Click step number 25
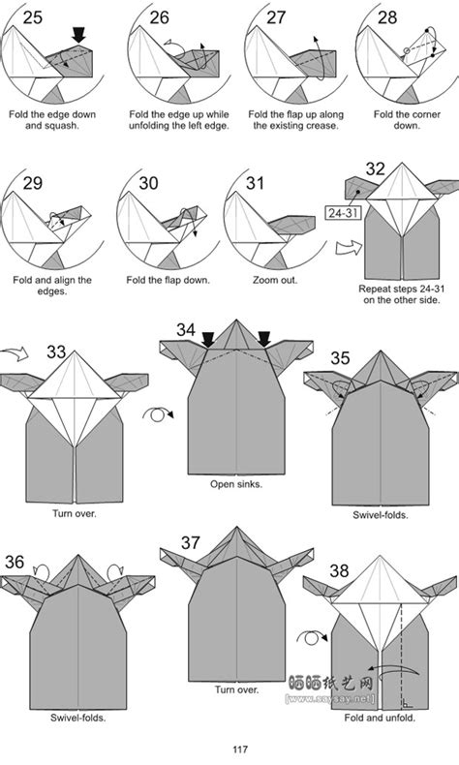[x=33, y=17]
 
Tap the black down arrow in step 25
[x=78, y=35]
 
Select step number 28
[x=387, y=17]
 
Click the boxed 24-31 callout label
[x=343, y=213]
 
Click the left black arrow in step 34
[x=208, y=340]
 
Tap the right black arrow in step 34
[x=264, y=340]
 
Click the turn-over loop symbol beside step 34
[x=158, y=415]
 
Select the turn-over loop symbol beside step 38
[x=313, y=638]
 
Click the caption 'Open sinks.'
[x=236, y=484]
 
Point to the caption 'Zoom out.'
[x=275, y=280]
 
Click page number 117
[x=239, y=750]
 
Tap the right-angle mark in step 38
[x=407, y=703]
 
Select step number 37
[x=191, y=542]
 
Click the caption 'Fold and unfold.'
[x=380, y=718]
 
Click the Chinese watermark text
[x=331, y=683]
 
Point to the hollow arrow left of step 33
[x=15, y=353]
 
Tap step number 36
[x=15, y=562]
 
